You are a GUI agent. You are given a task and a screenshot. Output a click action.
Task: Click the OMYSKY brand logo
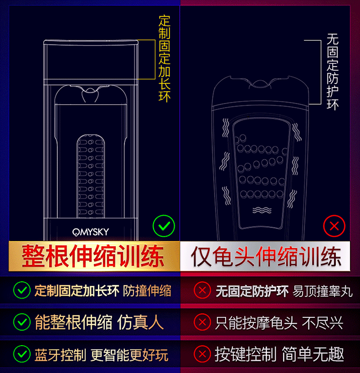[91, 232]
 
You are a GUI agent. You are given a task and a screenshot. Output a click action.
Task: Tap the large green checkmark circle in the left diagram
[164, 226]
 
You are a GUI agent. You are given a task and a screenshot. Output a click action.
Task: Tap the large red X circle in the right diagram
[334, 226]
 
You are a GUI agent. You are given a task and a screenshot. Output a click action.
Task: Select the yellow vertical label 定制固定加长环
[165, 59]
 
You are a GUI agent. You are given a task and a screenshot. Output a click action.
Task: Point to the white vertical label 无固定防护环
[333, 72]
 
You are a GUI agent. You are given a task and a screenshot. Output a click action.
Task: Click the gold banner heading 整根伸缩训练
[93, 256]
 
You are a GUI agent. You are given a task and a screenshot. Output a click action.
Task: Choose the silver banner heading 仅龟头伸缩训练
[266, 256]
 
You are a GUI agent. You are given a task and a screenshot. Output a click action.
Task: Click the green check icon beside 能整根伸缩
[22, 322]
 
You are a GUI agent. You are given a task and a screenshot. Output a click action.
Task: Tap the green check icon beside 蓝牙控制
[22, 354]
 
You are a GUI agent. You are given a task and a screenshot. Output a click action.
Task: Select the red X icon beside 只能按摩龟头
[203, 322]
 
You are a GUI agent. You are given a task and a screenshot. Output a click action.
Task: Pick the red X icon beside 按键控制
[203, 354]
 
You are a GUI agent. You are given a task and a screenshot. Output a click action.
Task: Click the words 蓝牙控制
[60, 355]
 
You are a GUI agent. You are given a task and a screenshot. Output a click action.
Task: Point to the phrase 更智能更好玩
[130, 355]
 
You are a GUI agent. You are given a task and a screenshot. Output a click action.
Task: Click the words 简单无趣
[313, 354]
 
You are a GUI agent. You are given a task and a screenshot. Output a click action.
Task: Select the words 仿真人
[141, 322]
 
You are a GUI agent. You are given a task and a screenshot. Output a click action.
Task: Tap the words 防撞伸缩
[147, 291]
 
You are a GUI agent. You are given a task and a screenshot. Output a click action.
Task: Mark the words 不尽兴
[323, 323]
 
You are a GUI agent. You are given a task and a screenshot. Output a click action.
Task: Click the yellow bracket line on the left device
[155, 60]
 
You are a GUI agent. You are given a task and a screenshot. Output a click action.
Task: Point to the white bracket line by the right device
[321, 72]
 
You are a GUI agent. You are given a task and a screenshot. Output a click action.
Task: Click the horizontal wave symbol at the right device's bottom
[262, 210]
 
